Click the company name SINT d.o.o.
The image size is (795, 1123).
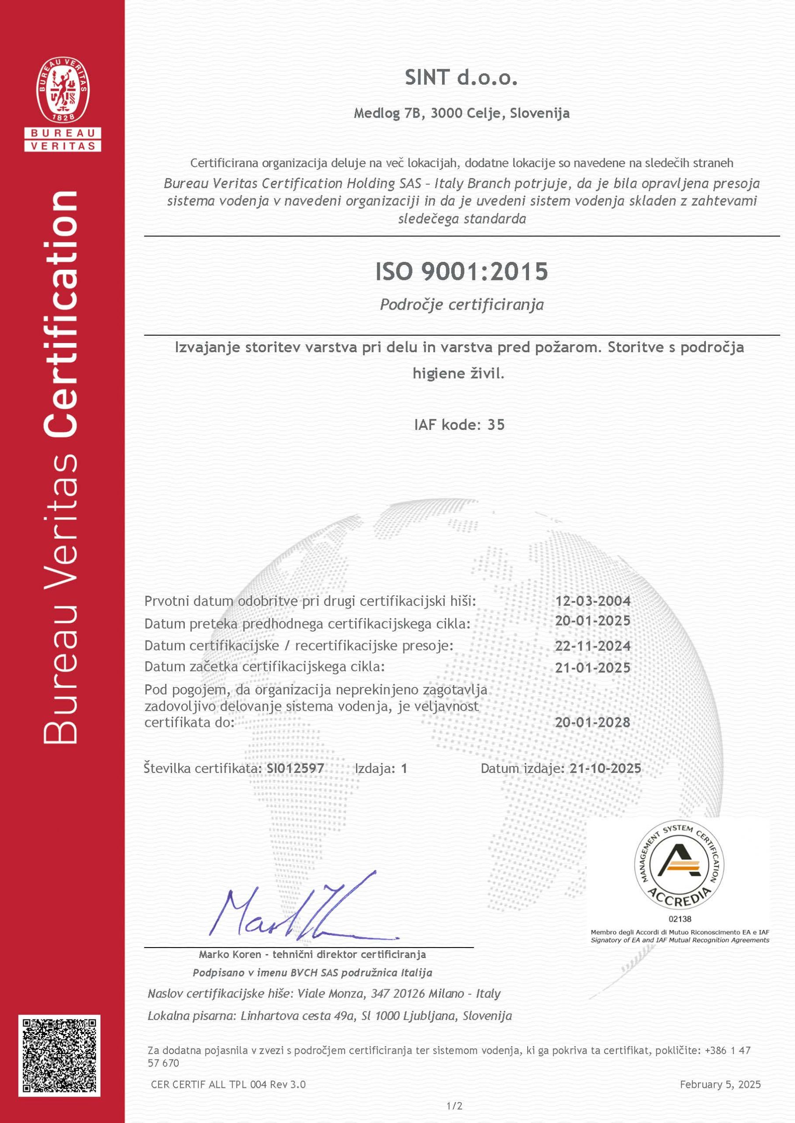[x=461, y=78]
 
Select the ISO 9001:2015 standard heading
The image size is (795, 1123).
[x=461, y=272]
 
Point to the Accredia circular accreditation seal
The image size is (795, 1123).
[x=680, y=865]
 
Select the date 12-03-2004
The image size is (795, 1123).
[x=592, y=601]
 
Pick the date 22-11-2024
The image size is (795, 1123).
[x=592, y=646]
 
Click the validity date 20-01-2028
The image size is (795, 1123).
[x=592, y=722]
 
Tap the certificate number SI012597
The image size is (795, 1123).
[x=295, y=769]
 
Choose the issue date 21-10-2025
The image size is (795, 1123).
[x=605, y=769]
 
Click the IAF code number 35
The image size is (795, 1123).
[x=496, y=425]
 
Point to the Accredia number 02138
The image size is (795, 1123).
[x=680, y=919]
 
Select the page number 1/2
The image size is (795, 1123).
[x=454, y=1105]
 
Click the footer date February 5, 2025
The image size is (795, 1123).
[x=720, y=1085]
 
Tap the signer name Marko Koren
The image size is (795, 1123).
[x=230, y=954]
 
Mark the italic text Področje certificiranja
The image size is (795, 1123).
[x=461, y=305]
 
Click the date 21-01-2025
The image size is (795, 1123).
[x=592, y=668]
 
